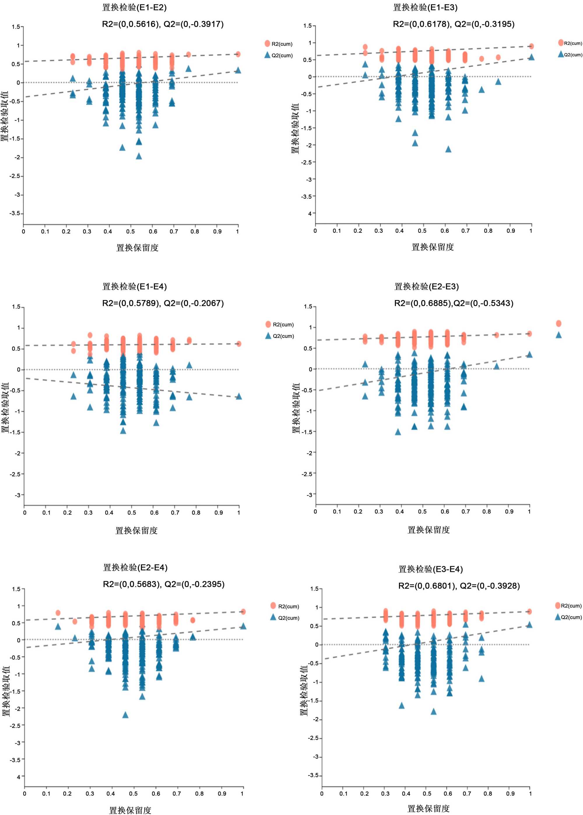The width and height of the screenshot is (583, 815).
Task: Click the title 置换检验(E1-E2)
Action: point(134,8)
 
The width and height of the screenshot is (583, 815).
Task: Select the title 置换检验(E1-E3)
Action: point(425,8)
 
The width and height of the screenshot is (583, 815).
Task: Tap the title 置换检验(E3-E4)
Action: point(431,569)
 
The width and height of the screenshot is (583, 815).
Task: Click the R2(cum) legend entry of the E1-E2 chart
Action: point(279,44)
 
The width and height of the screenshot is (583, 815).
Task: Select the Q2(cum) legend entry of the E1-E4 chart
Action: point(280,336)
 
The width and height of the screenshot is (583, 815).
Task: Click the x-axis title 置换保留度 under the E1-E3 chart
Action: point(433,247)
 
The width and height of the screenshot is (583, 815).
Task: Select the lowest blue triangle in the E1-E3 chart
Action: point(448,149)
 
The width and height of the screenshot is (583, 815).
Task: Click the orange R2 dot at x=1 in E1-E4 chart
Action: point(239,344)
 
